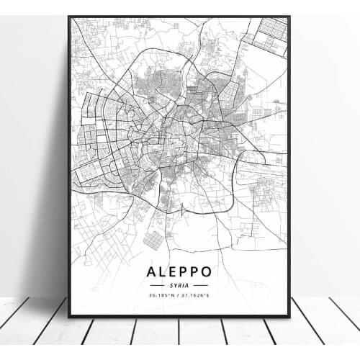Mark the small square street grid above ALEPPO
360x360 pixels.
pos(153,240)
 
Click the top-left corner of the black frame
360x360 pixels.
pos(69,17)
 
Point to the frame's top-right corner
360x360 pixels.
pos(289,17)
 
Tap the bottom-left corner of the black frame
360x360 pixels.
pos(69,316)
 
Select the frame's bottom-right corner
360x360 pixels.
pos(289,316)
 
